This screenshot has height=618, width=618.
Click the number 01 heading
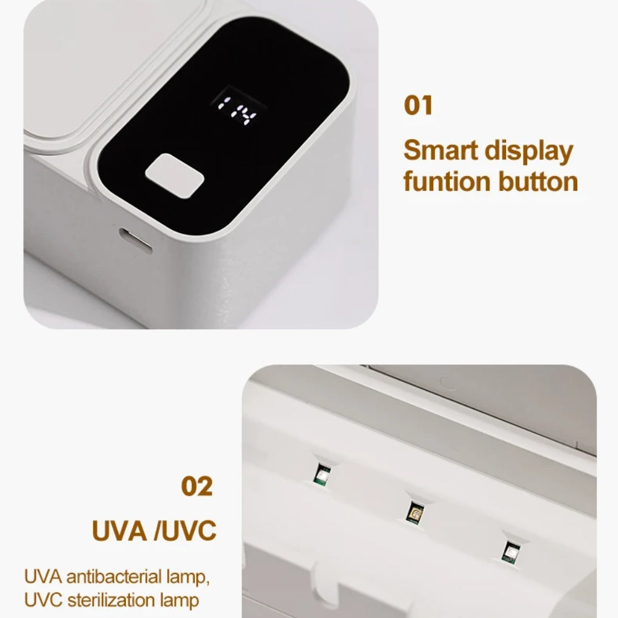418,105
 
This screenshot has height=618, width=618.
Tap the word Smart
440,150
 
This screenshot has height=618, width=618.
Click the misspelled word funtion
447,181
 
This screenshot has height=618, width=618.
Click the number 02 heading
197,486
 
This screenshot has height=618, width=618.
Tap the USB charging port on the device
136,241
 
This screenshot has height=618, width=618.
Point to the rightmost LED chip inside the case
510,551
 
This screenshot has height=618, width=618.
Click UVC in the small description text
43,601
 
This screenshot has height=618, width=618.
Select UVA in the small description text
43,577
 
